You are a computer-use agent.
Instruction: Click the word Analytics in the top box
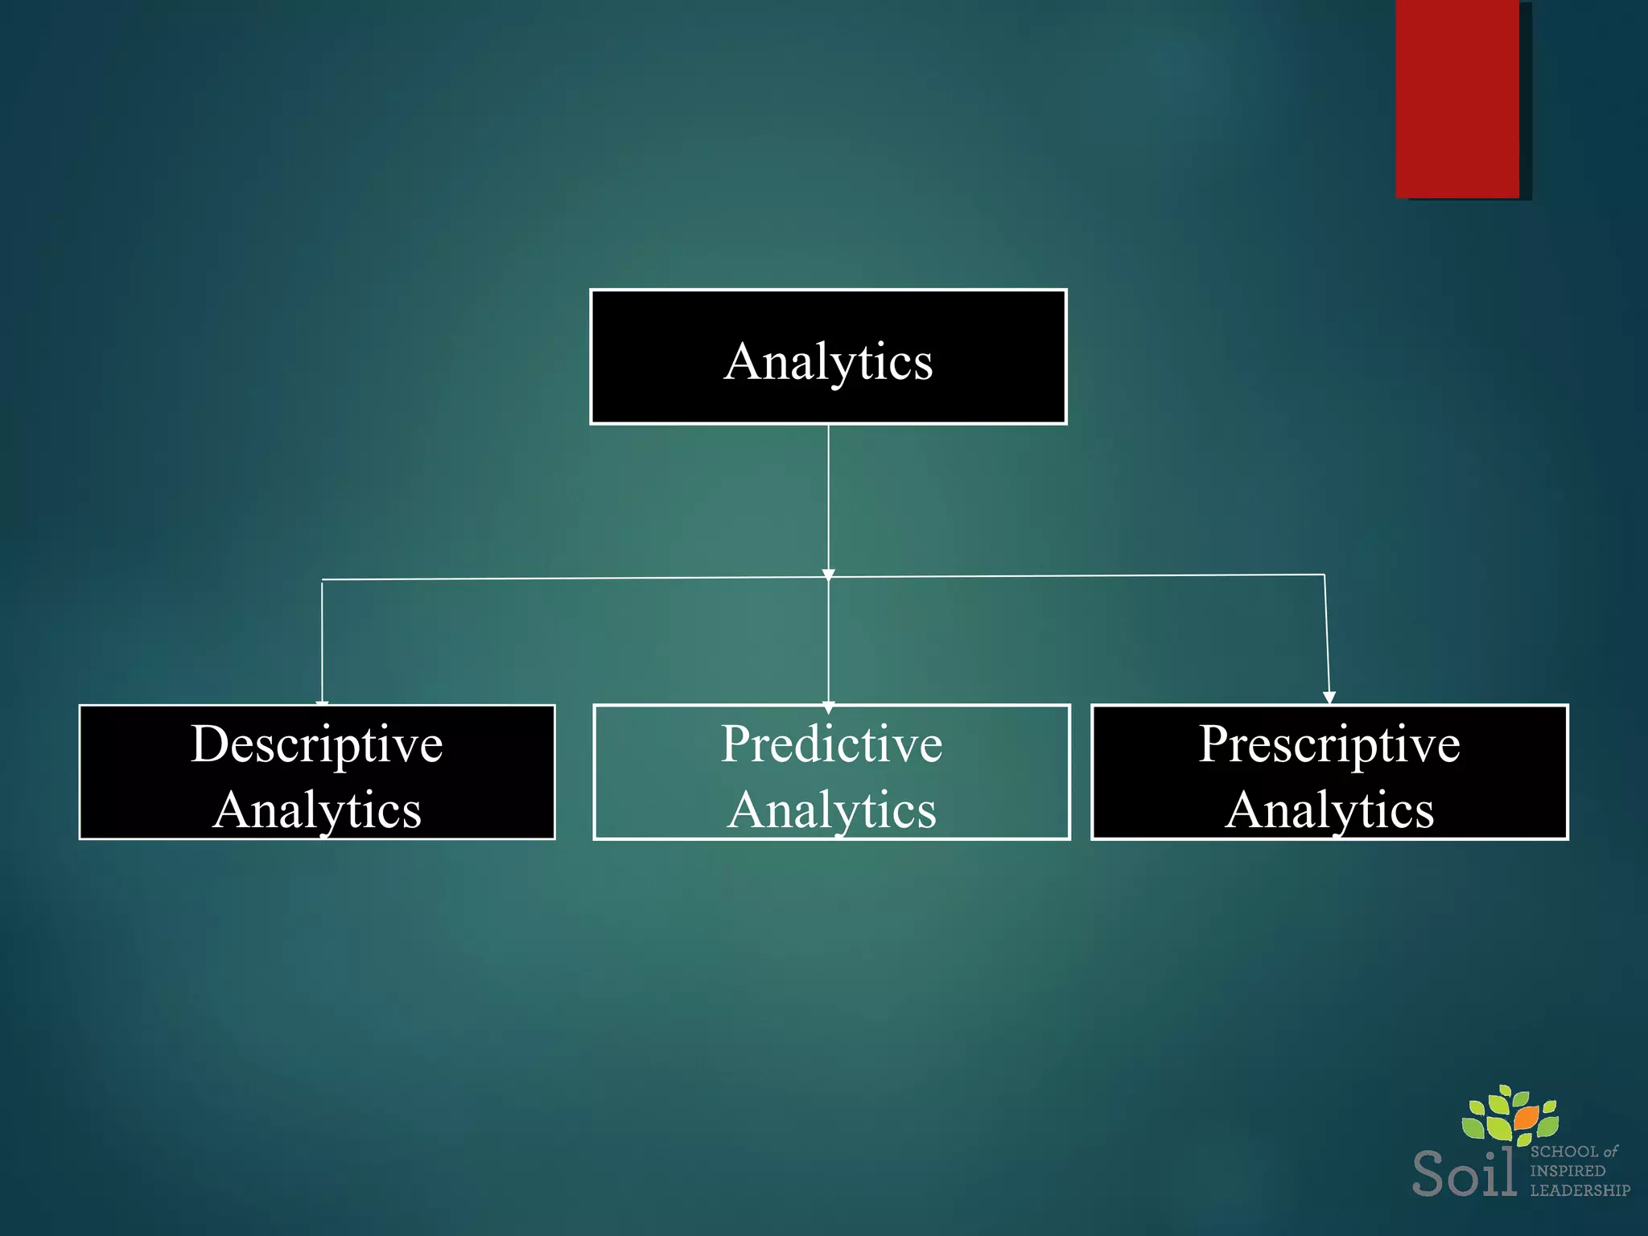829,361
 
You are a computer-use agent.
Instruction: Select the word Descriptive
316,744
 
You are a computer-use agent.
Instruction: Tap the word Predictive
831,744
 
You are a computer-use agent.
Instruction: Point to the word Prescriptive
1329,744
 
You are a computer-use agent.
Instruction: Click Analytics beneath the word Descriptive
317,810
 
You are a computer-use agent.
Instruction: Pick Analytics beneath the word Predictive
832,810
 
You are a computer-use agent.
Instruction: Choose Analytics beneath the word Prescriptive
1329,810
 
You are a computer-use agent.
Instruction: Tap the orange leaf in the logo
1525,1118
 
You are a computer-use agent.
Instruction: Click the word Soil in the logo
1465,1173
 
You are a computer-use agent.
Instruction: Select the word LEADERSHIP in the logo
1580,1190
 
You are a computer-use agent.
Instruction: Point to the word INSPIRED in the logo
1568,1171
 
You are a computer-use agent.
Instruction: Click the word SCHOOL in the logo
1564,1152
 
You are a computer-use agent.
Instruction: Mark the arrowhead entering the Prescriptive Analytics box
1329,697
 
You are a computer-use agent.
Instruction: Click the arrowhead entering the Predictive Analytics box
829,707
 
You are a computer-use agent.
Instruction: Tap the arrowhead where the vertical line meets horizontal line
829,575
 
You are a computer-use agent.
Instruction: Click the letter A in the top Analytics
742,361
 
